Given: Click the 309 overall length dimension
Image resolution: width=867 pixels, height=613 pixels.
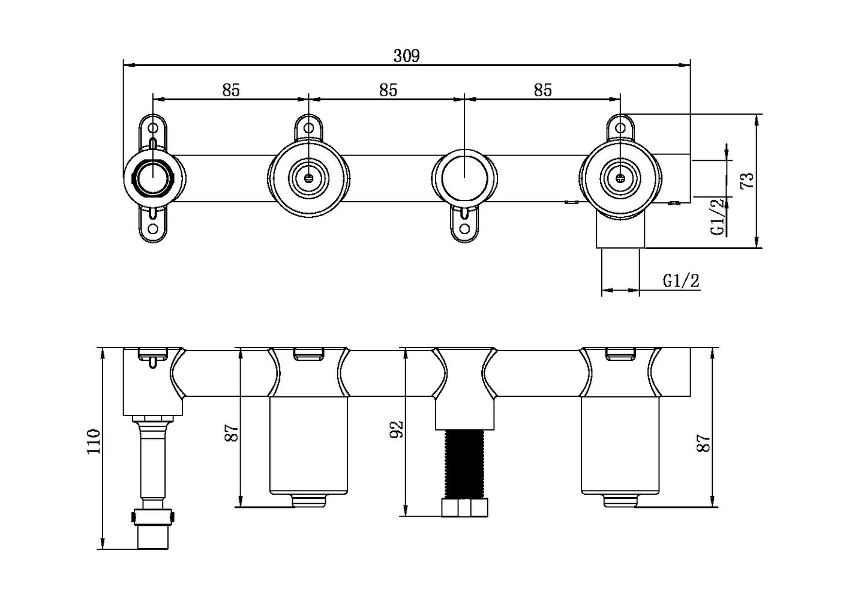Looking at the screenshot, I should (406, 56).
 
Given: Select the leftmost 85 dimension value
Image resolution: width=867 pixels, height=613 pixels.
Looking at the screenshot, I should (230, 90).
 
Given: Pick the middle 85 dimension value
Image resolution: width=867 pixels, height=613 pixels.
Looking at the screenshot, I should (388, 90).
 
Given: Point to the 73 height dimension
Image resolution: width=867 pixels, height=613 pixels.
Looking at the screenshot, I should (747, 180).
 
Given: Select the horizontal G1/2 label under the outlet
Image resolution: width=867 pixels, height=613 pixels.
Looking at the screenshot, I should (681, 280).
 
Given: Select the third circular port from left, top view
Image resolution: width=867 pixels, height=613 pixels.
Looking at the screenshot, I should (463, 177).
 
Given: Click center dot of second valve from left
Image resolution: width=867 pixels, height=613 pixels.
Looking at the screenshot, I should (308, 177).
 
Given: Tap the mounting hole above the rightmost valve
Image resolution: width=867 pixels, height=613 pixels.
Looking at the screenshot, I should (620, 127).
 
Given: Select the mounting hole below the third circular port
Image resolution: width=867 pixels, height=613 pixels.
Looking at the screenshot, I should (463, 228).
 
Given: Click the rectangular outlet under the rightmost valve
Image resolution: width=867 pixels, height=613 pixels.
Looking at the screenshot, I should (620, 233).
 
